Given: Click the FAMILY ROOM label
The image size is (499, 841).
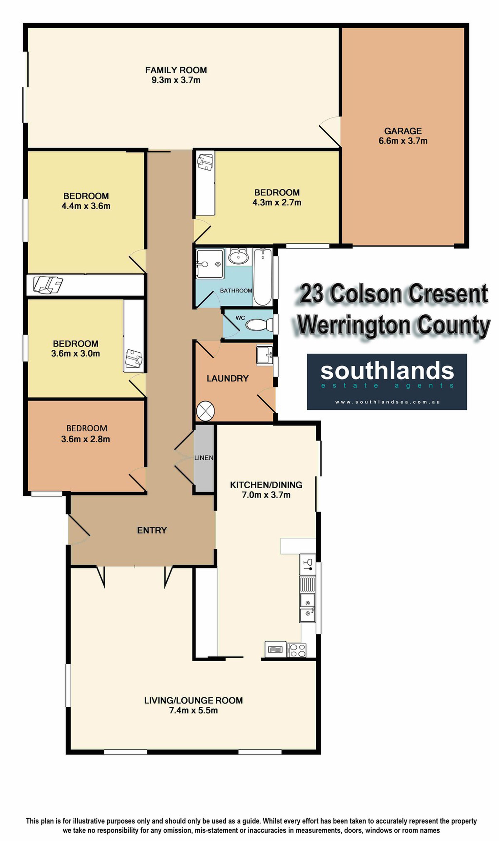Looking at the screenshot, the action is pos(176,70).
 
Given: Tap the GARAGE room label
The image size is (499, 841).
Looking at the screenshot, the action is pos(403,131).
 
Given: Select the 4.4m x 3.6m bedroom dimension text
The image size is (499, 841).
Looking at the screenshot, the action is pos(86,206).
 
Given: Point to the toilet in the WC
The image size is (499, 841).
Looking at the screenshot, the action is pos(260,325).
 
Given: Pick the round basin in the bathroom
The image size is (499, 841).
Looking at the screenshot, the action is pos(238,257).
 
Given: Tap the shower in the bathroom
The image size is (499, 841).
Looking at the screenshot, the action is pos(210,264).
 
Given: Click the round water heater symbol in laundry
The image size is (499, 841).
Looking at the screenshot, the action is pos(205,411).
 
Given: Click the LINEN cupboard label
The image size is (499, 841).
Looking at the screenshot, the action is pos(204,458).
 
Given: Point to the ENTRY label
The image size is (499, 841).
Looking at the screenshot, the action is pos(152,530).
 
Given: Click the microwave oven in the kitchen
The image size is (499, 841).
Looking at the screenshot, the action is pos(276,649).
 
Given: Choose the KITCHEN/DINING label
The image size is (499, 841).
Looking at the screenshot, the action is pos(266,485).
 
